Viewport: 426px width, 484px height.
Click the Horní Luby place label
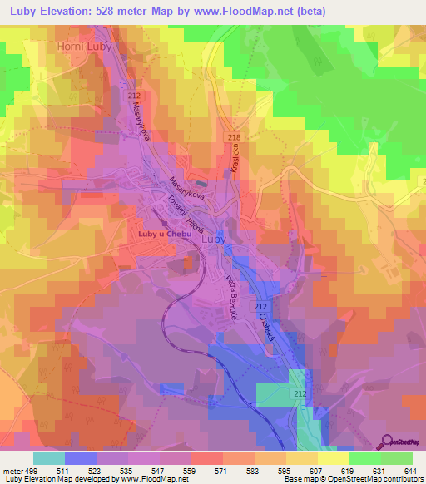click(84, 47)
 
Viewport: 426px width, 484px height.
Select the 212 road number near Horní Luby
click(134, 97)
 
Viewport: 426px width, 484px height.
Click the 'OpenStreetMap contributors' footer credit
click(379, 479)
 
